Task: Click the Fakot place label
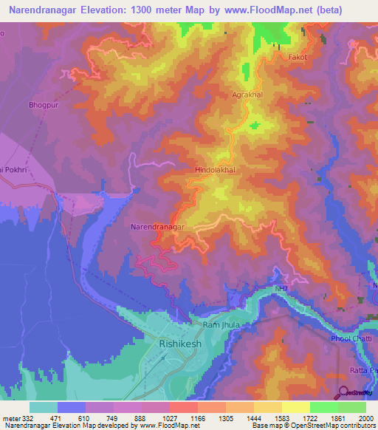(x=298, y=56)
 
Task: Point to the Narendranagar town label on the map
(x=157, y=227)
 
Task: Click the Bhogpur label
(x=43, y=105)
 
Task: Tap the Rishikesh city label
(x=179, y=344)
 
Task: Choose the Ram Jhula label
(x=220, y=325)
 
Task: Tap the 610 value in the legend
(x=85, y=419)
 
